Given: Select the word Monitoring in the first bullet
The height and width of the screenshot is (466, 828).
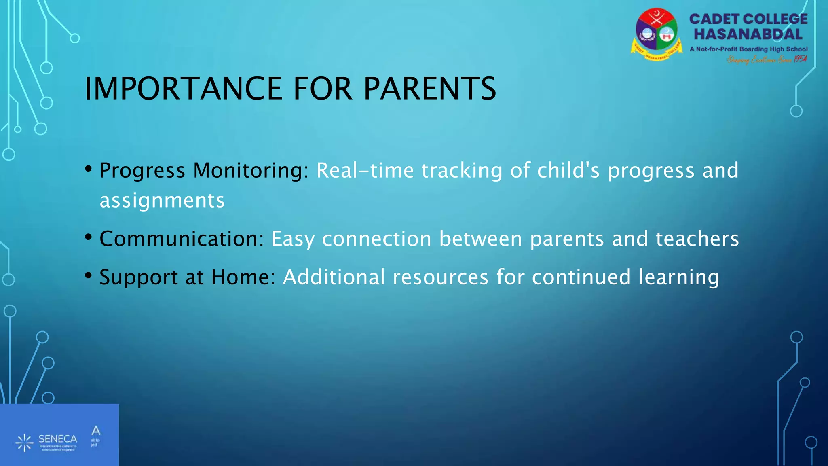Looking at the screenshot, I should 251,170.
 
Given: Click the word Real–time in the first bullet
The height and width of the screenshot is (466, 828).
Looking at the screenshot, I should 365,170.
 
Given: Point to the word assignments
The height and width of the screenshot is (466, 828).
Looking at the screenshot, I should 162,201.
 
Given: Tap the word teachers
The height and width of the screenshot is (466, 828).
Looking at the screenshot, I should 697,239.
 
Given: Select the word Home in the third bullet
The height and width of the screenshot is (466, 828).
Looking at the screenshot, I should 243,277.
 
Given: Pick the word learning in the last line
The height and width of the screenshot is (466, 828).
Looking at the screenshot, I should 679,278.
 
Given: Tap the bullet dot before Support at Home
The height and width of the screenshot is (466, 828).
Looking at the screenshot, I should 89,276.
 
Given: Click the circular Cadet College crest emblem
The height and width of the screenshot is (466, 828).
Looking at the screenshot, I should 656,34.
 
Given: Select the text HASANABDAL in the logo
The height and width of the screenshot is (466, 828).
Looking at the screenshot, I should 748,34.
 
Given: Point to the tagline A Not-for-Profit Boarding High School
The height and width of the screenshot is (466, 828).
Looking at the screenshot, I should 748,49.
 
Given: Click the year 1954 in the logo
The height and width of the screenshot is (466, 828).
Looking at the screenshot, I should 800,59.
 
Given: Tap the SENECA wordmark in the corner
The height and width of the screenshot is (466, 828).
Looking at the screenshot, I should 57,439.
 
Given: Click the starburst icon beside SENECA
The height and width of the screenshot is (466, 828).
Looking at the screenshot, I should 25,443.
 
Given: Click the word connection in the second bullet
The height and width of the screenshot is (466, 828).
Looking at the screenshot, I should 376,239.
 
